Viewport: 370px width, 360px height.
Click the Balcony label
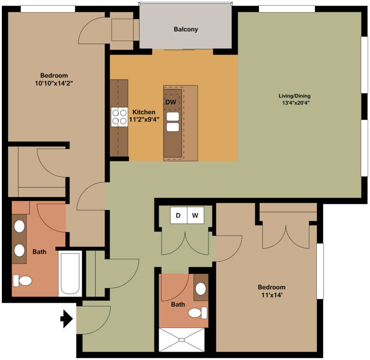pyautogui.click(x=186, y=30)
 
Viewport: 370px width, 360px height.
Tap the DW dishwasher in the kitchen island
pyautogui.click(x=171, y=102)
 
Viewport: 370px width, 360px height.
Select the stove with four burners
pyautogui.click(x=119, y=117)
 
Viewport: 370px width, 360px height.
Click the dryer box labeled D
pyautogui.click(x=178, y=215)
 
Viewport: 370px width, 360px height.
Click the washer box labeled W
pyautogui.click(x=195, y=215)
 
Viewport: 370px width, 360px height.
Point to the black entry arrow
pyautogui.click(x=67, y=318)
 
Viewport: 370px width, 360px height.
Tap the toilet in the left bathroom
pyautogui.click(x=23, y=280)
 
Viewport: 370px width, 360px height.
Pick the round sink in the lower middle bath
pyautogui.click(x=201, y=289)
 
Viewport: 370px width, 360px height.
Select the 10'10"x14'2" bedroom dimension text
pyautogui.click(x=54, y=83)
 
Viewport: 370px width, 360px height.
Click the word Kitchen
pyautogui.click(x=144, y=112)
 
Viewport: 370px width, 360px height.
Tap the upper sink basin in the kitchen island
pyautogui.click(x=173, y=116)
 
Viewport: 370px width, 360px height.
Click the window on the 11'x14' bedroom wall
pyautogui.click(x=320, y=271)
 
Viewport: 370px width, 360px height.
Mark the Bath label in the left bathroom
pyautogui.click(x=39, y=252)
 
